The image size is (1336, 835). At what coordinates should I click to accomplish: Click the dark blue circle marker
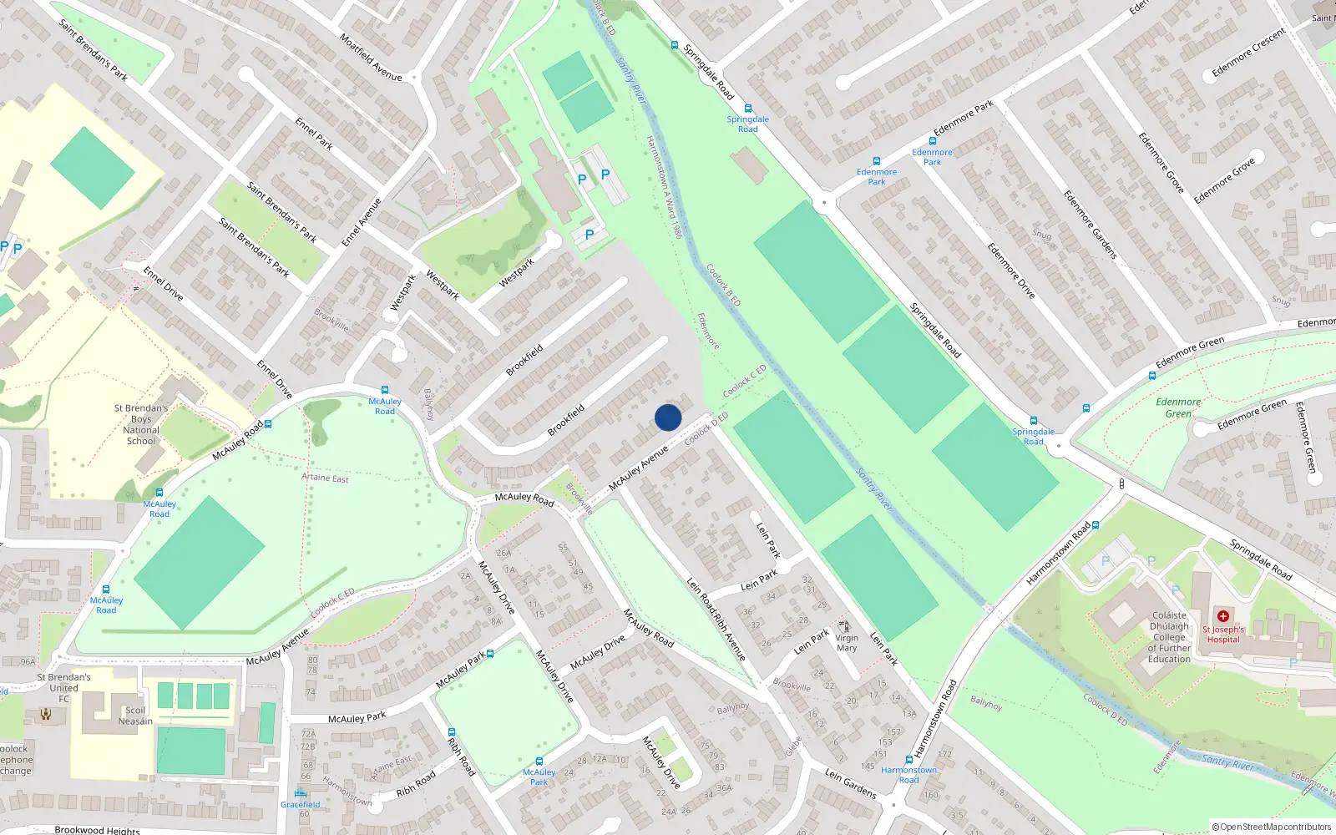point(668,417)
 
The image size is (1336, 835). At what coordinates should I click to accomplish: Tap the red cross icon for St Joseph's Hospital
point(1223,616)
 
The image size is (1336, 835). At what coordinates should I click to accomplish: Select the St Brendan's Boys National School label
point(141,424)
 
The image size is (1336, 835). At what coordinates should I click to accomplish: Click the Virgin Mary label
point(847,642)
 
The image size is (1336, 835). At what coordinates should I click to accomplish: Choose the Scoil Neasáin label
point(135,716)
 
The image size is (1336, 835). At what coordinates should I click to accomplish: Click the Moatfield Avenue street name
point(371,57)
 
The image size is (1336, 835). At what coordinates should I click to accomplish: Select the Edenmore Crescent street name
point(1249,53)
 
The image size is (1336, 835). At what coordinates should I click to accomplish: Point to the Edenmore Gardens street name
point(1090,225)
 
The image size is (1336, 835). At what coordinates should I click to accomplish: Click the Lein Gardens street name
point(850,783)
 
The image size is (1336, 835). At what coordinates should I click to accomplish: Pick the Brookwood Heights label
point(97,830)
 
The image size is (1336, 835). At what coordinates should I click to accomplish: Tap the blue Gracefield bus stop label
point(300,805)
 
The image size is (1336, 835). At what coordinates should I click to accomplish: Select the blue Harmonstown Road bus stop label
point(908,775)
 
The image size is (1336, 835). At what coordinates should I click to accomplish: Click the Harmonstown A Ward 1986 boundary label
point(665,187)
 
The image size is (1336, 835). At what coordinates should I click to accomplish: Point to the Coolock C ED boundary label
point(745,381)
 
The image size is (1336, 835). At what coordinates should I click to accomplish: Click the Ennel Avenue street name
point(362,222)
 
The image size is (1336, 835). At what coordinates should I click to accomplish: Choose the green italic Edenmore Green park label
point(1178,407)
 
